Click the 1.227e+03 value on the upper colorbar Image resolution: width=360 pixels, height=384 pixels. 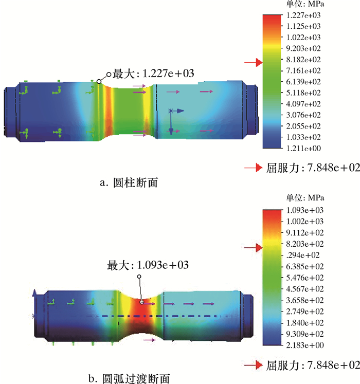click(303, 15)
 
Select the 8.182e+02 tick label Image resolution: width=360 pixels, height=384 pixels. click(303, 60)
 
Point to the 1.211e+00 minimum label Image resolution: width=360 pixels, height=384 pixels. click(303, 148)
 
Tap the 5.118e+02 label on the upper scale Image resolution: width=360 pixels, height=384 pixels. click(303, 93)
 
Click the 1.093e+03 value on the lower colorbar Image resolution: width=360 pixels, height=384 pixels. click(305, 210)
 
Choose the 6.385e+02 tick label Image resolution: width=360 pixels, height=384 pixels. click(305, 266)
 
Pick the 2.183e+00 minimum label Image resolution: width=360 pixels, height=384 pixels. click(305, 345)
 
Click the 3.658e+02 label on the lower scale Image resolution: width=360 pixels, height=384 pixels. click(305, 300)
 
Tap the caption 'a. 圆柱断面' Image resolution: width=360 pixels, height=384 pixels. click(129, 182)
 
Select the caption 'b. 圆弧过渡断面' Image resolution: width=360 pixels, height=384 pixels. click(129, 378)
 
